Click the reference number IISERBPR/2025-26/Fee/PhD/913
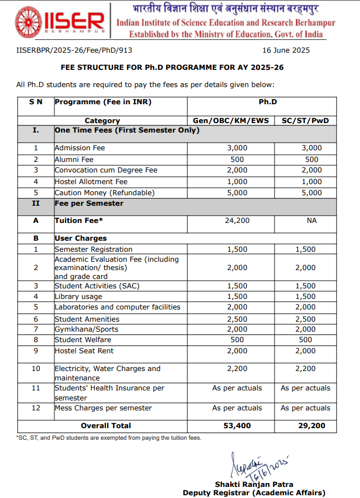pyautogui.click(x=70, y=50)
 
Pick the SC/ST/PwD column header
pyautogui.click(x=306, y=120)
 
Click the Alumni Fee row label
pyautogui.click(x=74, y=159)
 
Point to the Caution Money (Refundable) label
pyautogui.click(x=104, y=193)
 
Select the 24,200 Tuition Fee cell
pyautogui.click(x=238, y=221)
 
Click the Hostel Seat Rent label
pyautogui.click(x=83, y=350)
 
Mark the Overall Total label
pyautogui.click(x=106, y=426)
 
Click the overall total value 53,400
pyautogui.click(x=238, y=426)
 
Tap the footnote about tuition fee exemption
pyautogui.click(x=109, y=438)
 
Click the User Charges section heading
pyautogui.click(x=80, y=238)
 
